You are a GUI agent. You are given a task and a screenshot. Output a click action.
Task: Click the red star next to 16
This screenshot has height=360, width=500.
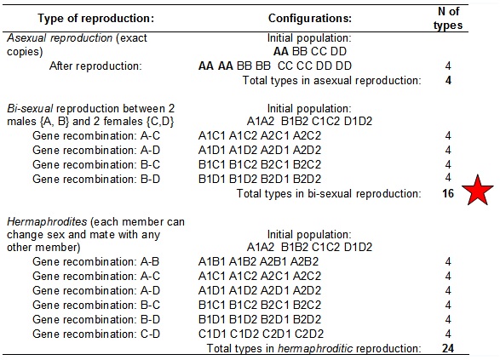click(x=478, y=191)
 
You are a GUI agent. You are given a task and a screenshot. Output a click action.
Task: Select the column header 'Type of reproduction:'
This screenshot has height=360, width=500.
click(x=96, y=18)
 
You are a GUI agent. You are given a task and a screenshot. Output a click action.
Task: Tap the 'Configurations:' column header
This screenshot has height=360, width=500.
click(x=310, y=18)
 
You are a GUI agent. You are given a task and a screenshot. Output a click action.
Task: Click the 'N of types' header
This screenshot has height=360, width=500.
click(x=448, y=18)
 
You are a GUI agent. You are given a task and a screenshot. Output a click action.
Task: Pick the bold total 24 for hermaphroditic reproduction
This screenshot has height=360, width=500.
click(x=448, y=348)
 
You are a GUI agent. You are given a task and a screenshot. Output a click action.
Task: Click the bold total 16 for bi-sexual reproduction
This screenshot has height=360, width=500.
click(x=448, y=193)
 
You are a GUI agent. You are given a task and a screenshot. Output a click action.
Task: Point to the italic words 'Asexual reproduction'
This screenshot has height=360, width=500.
click(x=60, y=38)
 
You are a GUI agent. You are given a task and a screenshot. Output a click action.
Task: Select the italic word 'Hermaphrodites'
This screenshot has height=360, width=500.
click(x=47, y=221)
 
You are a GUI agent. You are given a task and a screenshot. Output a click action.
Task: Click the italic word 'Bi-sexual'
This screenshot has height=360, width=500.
click(x=30, y=109)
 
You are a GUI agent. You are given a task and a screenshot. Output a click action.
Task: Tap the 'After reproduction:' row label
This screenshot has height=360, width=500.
click(x=95, y=66)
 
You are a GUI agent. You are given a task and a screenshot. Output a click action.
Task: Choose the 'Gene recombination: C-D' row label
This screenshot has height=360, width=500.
click(x=96, y=334)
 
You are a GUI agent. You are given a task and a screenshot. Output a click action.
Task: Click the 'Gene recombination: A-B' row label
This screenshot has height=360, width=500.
click(x=95, y=261)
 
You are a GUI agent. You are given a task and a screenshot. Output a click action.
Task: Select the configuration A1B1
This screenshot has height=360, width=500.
click(x=212, y=261)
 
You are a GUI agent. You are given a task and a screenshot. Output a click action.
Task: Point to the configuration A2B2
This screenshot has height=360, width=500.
click(x=305, y=261)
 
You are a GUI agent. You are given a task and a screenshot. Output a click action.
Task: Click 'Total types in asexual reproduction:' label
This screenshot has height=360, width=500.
click(x=331, y=80)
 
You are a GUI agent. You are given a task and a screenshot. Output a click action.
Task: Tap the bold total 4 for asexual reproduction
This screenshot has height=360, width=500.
click(x=448, y=80)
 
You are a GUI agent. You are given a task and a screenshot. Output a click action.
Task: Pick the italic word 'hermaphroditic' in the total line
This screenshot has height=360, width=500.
click(x=315, y=348)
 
